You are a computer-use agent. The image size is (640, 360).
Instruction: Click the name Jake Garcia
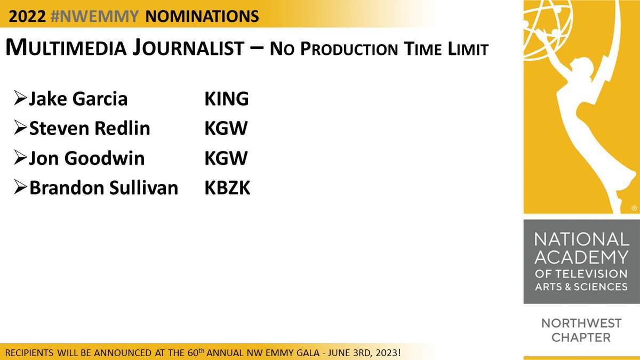(x=78, y=99)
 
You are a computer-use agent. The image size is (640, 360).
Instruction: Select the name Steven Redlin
(x=90, y=129)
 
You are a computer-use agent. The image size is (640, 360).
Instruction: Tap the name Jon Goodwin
(x=87, y=158)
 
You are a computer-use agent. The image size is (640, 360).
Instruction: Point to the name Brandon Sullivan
(x=103, y=188)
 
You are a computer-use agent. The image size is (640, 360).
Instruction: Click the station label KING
(x=227, y=99)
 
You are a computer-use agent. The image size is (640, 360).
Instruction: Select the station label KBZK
(x=227, y=188)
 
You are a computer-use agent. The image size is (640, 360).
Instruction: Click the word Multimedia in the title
(x=68, y=49)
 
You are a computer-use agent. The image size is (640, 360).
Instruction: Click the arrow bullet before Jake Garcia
(x=20, y=99)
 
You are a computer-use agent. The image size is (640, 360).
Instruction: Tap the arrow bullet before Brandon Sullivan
(x=20, y=188)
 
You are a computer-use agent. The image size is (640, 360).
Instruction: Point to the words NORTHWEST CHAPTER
(x=581, y=330)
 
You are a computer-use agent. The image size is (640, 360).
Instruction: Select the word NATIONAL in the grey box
(x=581, y=239)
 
